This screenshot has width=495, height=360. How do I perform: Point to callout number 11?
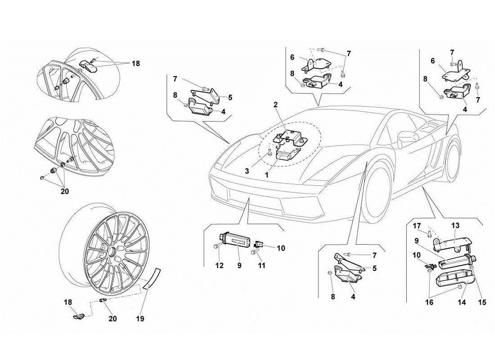pos(261,266)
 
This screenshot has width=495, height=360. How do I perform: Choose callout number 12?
pos(219,266)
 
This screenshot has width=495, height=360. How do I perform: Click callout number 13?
pos(455,225)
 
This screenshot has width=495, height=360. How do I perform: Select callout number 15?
pos(482,303)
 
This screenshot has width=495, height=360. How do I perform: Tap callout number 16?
pos(430,303)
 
